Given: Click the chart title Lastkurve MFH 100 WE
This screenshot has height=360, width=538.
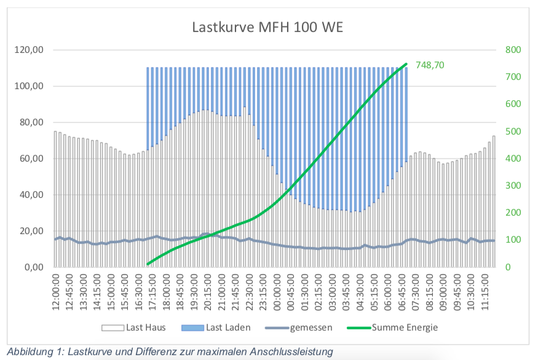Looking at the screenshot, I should point(267,27).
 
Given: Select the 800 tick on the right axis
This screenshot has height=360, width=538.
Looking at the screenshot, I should point(512,50).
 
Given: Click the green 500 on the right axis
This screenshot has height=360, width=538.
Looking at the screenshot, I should point(512,131).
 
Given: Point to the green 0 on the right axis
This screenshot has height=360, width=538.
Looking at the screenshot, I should point(508,268).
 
